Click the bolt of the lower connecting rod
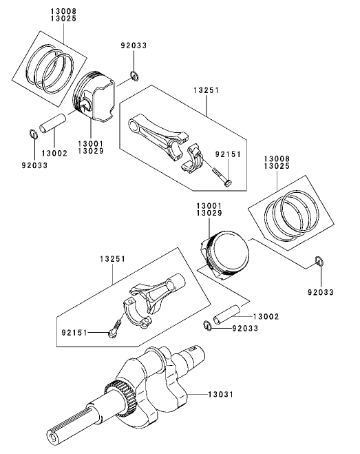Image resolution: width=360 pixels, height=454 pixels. tap(116, 324)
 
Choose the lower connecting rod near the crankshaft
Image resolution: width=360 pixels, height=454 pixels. tap(155, 297)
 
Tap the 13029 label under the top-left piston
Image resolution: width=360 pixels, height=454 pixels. tap(91, 151)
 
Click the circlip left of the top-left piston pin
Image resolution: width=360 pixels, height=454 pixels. tap(32, 133)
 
